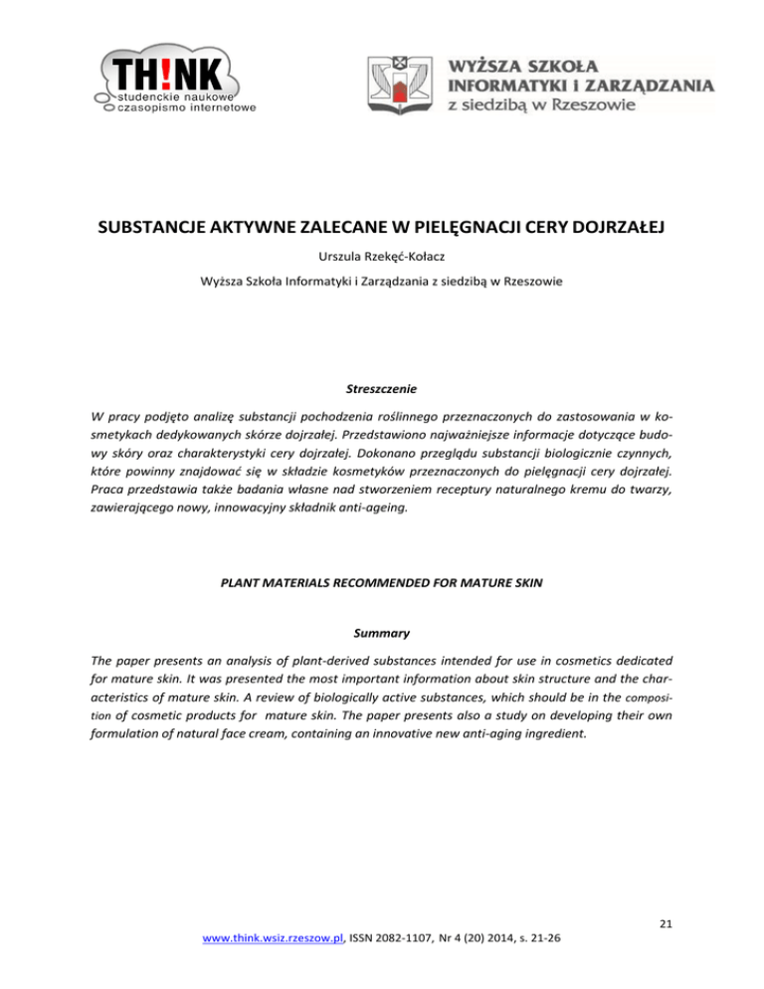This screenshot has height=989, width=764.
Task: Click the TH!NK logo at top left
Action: click(x=173, y=80)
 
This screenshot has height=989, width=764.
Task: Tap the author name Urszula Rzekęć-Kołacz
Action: click(x=381, y=259)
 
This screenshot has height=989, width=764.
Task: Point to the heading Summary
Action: click(x=381, y=631)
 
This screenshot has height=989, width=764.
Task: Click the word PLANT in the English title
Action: click(x=256, y=573)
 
